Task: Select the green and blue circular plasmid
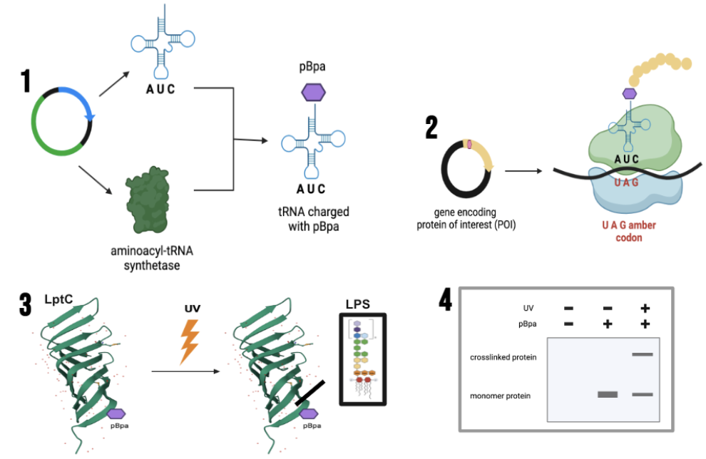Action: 61,121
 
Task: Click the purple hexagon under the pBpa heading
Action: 312,93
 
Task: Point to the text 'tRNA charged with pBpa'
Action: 312,220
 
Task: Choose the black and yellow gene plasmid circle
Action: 466,170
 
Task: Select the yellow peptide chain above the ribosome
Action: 660,71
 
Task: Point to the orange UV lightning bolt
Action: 190,342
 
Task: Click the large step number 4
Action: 445,300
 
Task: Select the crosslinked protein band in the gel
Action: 643,354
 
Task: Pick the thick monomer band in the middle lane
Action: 607,394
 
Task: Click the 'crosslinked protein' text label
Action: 503,356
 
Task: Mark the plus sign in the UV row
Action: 644,308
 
